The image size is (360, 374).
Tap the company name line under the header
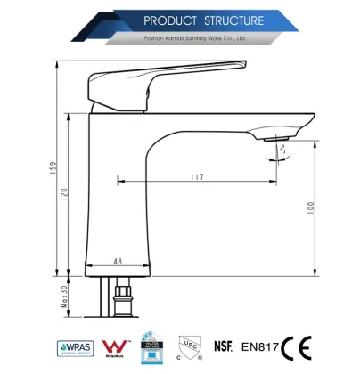pyautogui.click(x=194, y=38)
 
